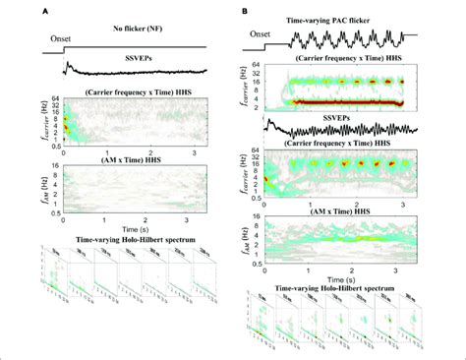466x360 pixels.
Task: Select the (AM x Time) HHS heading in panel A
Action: point(133,157)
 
